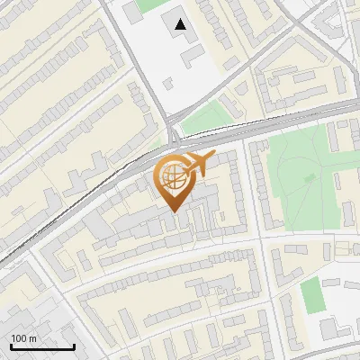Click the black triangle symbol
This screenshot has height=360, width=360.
(x=182, y=24)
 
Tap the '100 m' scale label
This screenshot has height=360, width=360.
(x=23, y=338)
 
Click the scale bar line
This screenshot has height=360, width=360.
(x=42, y=346)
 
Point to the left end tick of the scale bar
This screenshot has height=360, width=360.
(x=12, y=345)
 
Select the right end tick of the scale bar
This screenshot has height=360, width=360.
(x=74, y=345)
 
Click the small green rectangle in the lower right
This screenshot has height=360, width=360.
(x=311, y=295)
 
